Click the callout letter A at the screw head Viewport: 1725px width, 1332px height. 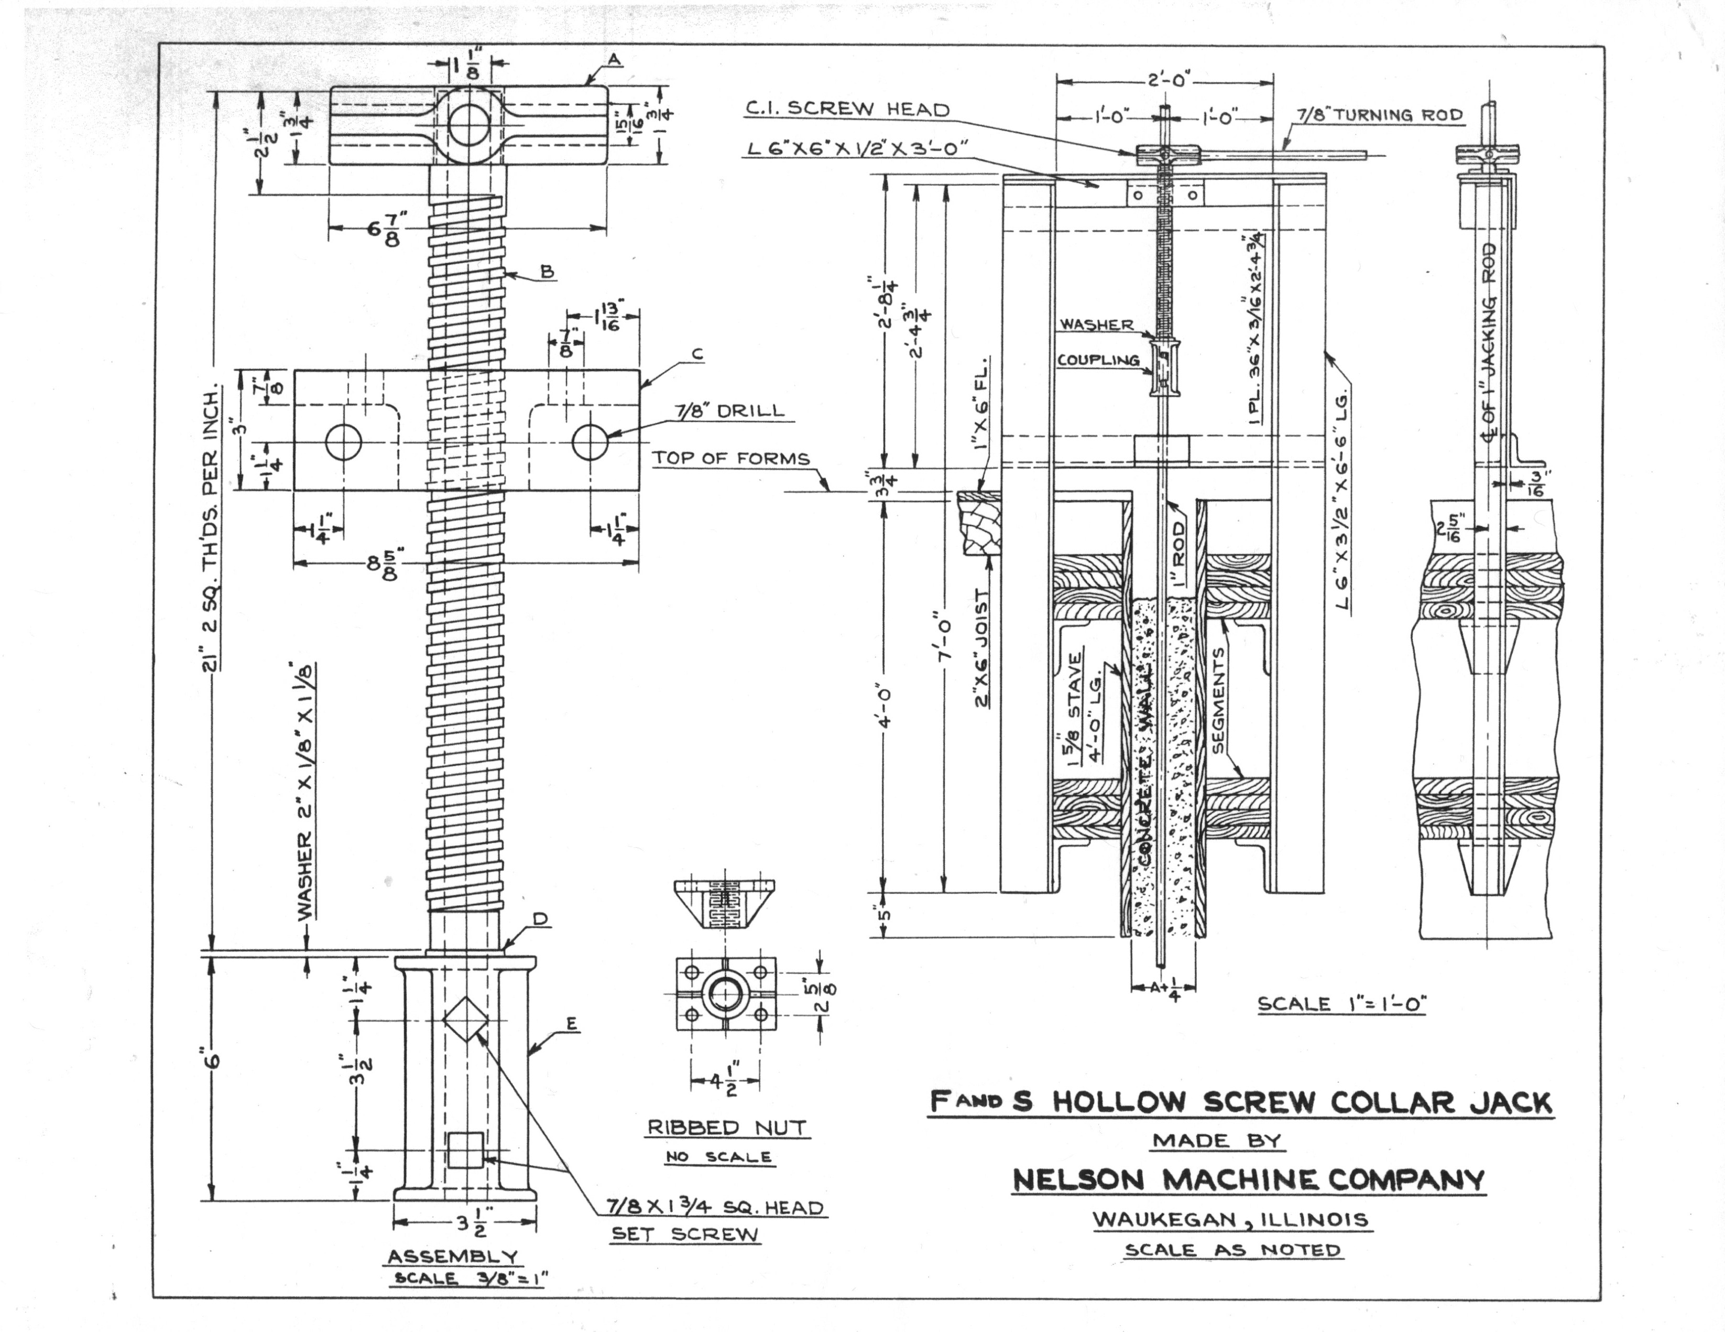615,60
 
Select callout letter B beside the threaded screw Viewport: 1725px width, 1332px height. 547,272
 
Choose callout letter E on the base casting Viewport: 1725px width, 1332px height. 572,1025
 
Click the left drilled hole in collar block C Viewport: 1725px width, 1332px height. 343,442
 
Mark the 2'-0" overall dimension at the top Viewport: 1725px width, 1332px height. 1165,80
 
